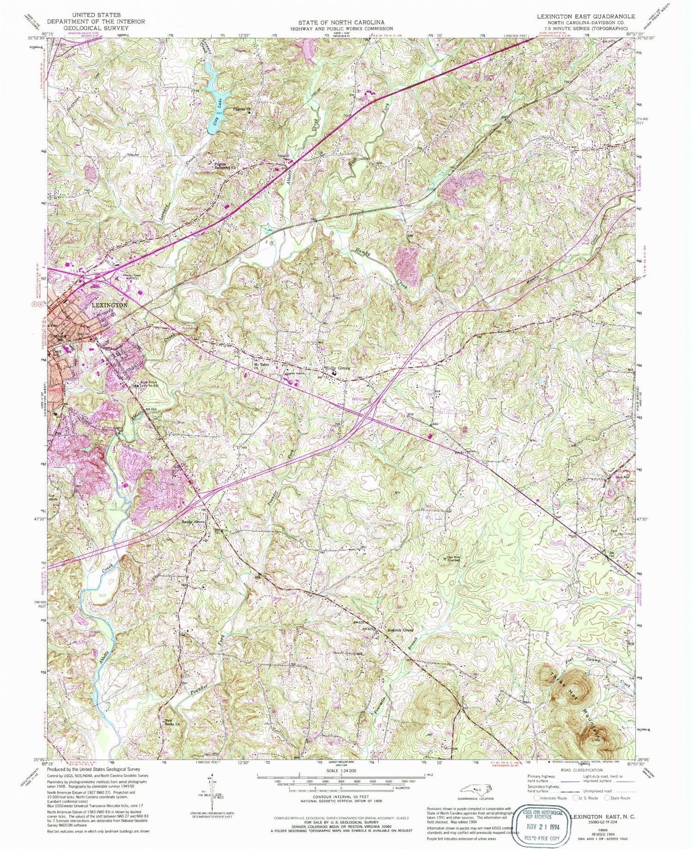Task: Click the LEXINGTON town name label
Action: click(109, 305)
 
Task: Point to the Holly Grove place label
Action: click(337, 368)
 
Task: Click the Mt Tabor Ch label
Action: click(261, 366)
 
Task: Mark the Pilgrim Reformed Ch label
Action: click(225, 166)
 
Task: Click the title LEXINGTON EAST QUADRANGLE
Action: click(585, 16)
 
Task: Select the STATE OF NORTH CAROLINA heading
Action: click(341, 22)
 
